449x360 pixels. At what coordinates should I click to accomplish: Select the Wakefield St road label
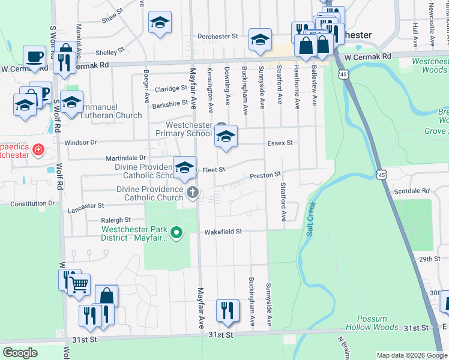click(x=223, y=231)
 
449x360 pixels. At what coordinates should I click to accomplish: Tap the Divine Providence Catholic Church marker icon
click(x=192, y=193)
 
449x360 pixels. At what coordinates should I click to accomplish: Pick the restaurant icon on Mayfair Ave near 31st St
click(x=227, y=310)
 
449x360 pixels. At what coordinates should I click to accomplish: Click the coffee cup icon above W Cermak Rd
click(x=34, y=56)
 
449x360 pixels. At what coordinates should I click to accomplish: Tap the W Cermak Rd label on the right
click(x=367, y=56)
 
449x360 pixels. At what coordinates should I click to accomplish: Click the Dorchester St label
click(x=218, y=37)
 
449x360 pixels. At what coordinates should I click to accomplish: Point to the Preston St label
click(x=265, y=175)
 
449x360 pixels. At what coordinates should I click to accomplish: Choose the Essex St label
click(x=280, y=143)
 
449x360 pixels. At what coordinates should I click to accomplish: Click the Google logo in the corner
click(x=20, y=353)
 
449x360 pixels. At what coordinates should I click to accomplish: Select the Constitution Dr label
click(x=32, y=203)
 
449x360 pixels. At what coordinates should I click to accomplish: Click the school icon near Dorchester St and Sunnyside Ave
click(x=260, y=40)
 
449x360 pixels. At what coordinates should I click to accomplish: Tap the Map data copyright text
click(x=411, y=355)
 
